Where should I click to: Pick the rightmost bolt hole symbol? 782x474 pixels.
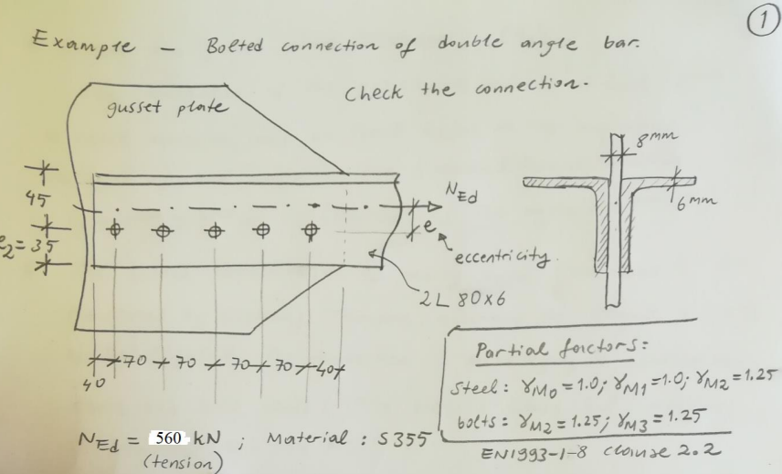coord(312,228)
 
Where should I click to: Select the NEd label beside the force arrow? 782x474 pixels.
coord(468,194)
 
